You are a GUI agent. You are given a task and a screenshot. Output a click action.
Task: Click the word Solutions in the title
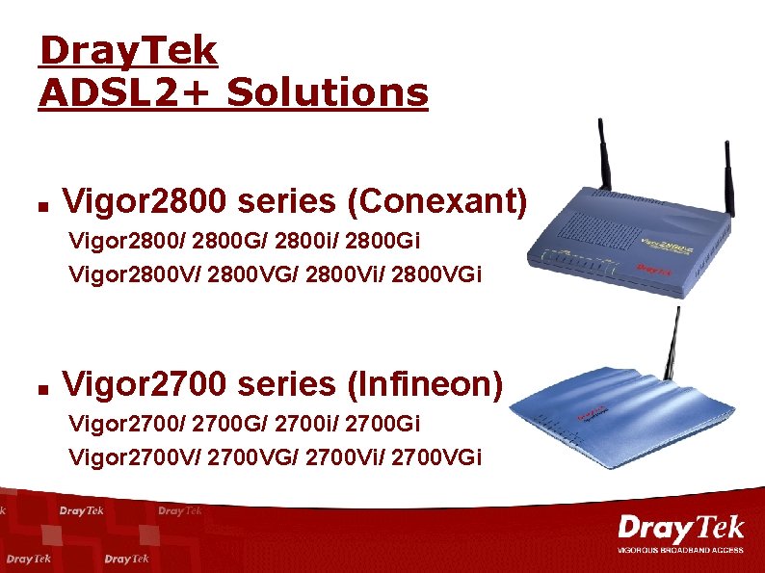pyautogui.click(x=328, y=93)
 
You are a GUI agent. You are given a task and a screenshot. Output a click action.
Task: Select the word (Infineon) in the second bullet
pyautogui.click(x=426, y=384)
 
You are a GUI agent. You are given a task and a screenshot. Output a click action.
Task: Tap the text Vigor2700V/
pyautogui.click(x=119, y=456)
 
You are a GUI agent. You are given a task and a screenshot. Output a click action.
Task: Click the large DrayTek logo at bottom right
pyautogui.click(x=680, y=529)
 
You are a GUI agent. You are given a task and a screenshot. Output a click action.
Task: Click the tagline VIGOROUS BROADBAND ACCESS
pyautogui.click(x=680, y=552)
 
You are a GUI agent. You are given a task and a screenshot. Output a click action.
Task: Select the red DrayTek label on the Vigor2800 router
pyautogui.click(x=656, y=271)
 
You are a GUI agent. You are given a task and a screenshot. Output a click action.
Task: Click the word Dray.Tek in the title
pyautogui.click(x=128, y=50)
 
